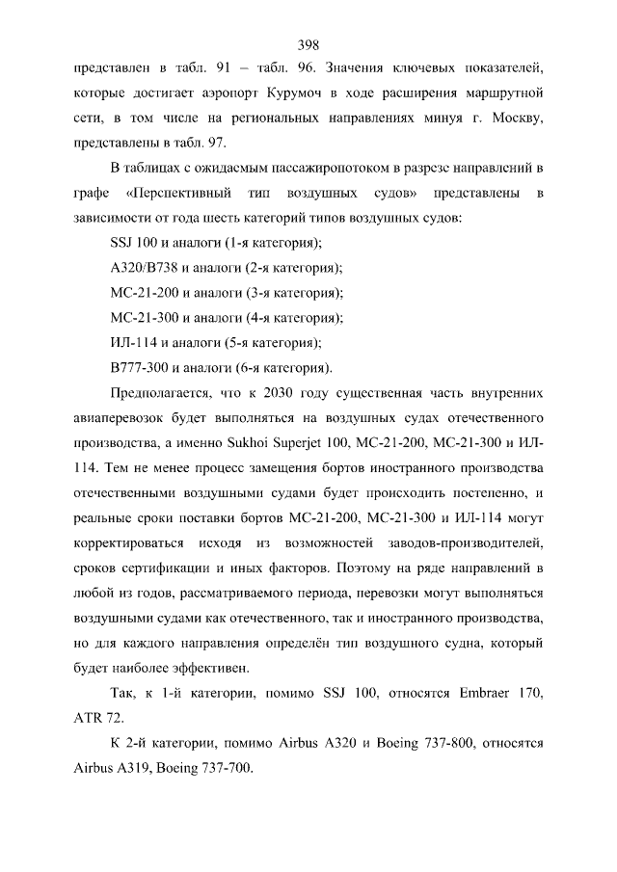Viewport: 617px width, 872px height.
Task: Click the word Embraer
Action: pos(482,693)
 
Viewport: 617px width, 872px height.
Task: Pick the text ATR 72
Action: pos(94,719)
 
